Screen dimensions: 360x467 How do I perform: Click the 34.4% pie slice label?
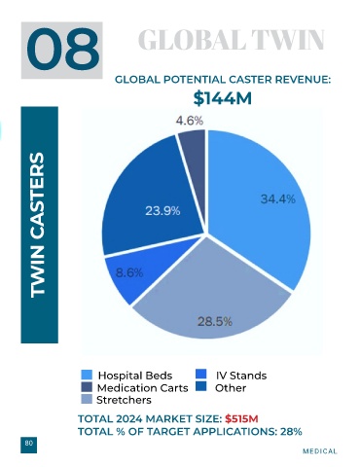point(278,198)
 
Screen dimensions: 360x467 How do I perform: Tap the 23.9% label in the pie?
point(162,211)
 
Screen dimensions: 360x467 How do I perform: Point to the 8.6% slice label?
point(129,273)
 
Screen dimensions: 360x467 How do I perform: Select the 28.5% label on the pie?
point(215,322)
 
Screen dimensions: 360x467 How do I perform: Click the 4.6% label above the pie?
point(190,121)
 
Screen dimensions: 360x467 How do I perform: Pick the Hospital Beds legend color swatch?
point(87,375)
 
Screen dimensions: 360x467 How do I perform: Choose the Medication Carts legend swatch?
point(87,387)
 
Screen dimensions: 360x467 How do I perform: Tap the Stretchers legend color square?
point(87,399)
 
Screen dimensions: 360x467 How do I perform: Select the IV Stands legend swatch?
point(201,375)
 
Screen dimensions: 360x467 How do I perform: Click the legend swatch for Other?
point(201,386)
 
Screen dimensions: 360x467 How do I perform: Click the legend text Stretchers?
point(124,400)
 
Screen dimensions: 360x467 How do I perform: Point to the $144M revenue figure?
point(223,98)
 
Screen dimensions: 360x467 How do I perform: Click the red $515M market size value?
point(241,419)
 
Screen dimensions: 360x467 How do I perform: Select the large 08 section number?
point(62,50)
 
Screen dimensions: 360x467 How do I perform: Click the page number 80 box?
point(29,445)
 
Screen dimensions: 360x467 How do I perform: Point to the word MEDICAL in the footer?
point(320,451)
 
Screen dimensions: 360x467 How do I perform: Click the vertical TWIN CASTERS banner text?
point(37,225)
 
